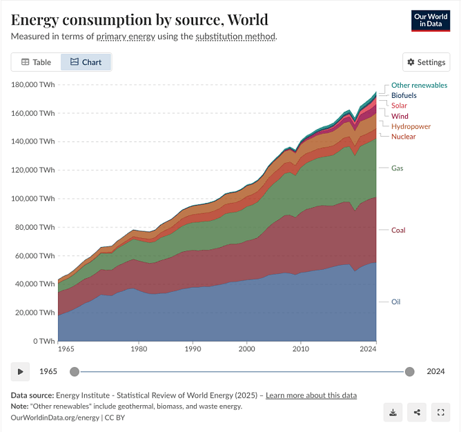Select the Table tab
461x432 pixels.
[x=36, y=62]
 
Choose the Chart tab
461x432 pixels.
[x=86, y=62]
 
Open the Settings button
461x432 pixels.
[x=426, y=62]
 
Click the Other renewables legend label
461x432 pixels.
[x=419, y=85]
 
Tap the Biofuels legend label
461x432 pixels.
[x=404, y=95]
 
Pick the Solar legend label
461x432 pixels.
[x=399, y=106]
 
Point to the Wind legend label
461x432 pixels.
[x=400, y=116]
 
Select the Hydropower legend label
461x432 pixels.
[x=411, y=126]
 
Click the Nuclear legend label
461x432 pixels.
[x=403, y=137]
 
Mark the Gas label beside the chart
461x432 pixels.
[x=397, y=168]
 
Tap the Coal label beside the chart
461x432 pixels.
[x=398, y=230]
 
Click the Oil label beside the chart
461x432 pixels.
[x=395, y=302]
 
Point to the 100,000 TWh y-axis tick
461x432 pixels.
[x=32, y=199]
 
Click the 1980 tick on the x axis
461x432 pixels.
[x=139, y=350]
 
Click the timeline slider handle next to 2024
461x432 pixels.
[x=410, y=371]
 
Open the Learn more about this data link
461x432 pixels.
[x=311, y=395]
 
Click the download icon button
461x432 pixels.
[x=393, y=413]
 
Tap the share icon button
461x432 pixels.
[x=417, y=413]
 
